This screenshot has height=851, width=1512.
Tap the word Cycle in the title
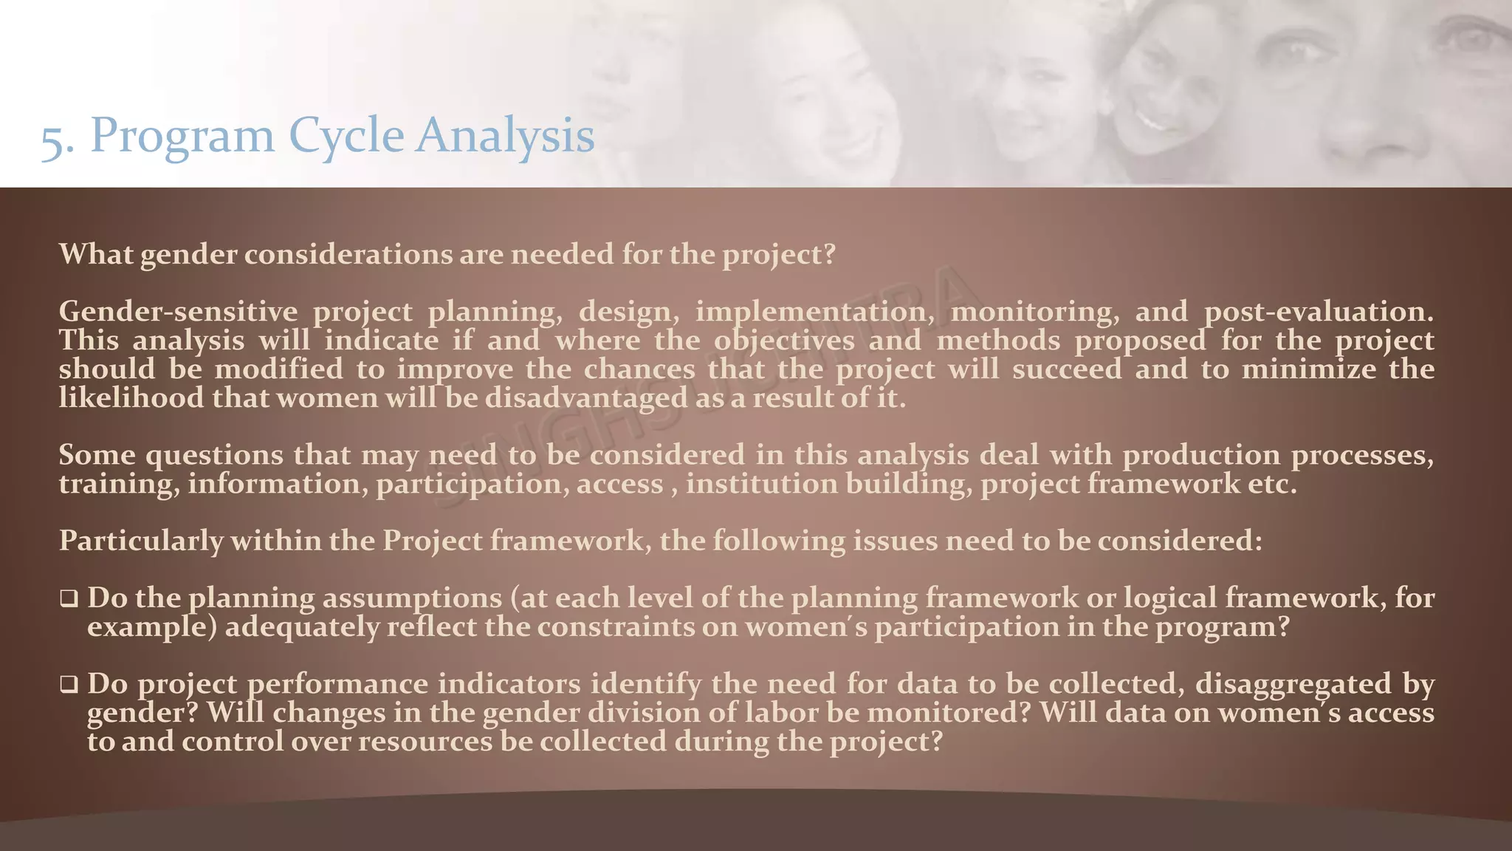346,136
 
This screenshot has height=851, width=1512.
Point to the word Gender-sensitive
178,312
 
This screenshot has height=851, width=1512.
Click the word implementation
814,312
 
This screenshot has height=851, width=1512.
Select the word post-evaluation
1319,312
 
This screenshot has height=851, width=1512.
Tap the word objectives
784,341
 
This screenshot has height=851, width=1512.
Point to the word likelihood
131,398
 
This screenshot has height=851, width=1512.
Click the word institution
762,485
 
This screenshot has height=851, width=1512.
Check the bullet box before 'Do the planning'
69,598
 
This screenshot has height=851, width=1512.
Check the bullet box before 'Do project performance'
69,685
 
